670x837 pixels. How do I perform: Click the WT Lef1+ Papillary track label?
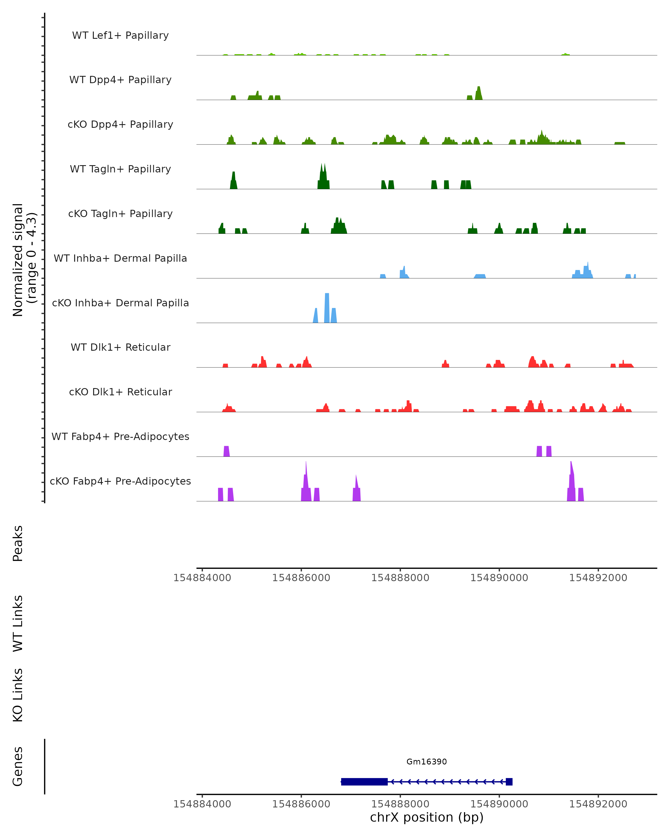coord(120,35)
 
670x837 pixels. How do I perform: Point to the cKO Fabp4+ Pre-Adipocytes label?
coord(120,481)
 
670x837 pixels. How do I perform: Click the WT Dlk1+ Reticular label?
coord(120,347)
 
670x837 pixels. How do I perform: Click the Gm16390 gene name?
coord(427,762)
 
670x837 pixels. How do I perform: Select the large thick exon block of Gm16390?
coord(364,781)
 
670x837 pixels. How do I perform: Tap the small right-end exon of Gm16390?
coord(509,781)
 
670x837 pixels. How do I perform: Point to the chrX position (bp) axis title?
coord(427,817)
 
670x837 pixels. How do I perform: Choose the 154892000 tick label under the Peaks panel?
coord(598,578)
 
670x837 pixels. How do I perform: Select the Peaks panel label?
coord(18,543)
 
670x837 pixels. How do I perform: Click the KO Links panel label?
coord(18,695)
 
